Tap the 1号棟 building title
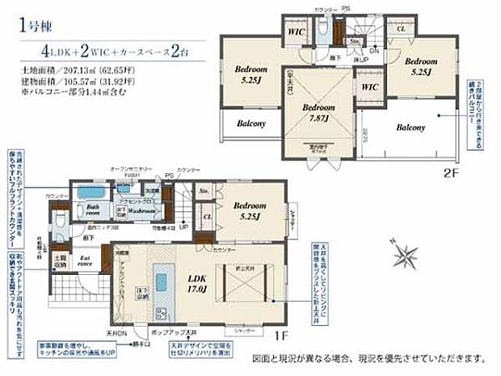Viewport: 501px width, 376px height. [x=31, y=24]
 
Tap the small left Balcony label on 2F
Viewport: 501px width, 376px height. [x=251, y=124]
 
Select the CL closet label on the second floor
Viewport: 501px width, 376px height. [x=401, y=29]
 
